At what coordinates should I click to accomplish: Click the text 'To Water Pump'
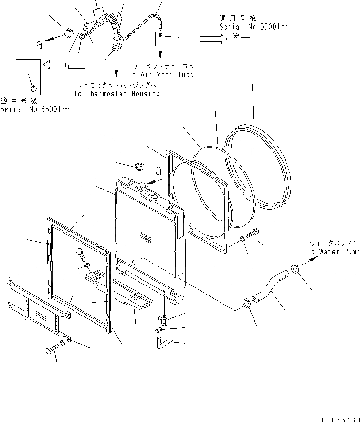(333, 252)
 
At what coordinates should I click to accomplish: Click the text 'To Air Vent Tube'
(160, 75)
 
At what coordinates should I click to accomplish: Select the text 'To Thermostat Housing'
(116, 94)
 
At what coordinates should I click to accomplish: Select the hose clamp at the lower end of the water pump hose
(247, 303)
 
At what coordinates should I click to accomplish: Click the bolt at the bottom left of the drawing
(51, 352)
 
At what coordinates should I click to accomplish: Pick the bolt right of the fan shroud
(254, 233)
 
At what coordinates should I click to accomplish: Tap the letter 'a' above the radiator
(159, 171)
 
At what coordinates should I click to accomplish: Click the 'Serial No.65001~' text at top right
(253, 27)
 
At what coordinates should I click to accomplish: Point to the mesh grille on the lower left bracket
(41, 316)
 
